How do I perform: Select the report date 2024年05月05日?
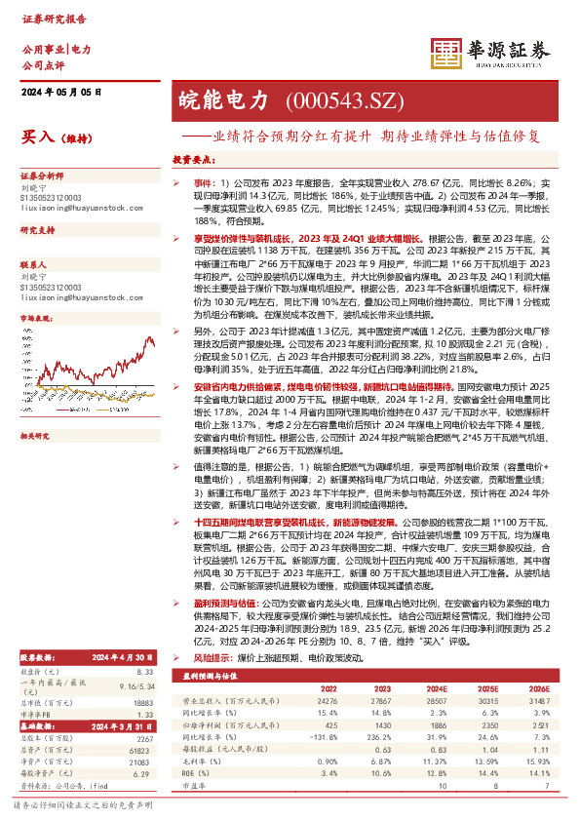[x=60, y=92]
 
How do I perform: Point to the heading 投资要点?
[x=194, y=159]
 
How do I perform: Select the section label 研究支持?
[x=40, y=229]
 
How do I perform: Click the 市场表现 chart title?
[x=40, y=319]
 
